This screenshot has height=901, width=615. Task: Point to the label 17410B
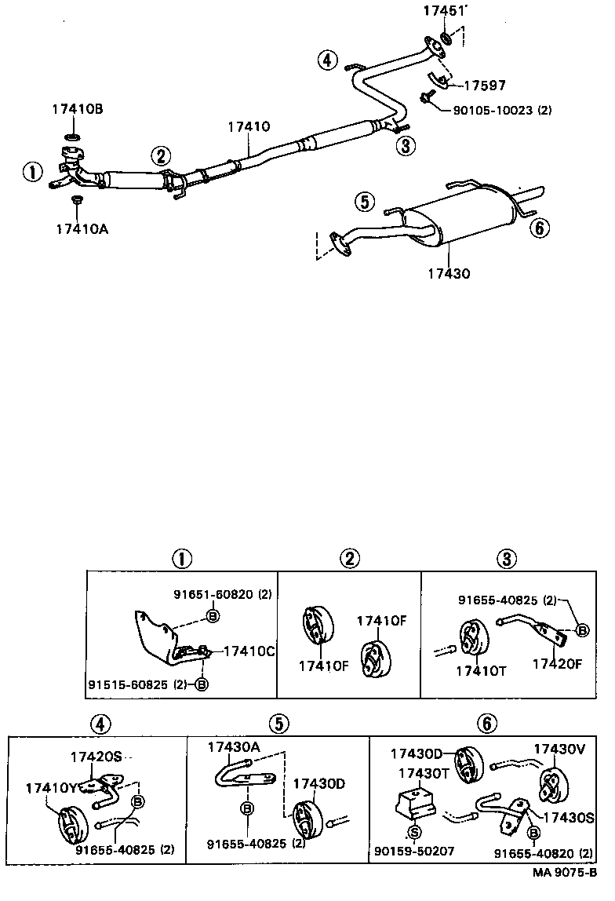click(x=78, y=110)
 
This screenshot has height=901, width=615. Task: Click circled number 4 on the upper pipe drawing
click(x=327, y=60)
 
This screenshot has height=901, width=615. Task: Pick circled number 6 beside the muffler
click(x=540, y=228)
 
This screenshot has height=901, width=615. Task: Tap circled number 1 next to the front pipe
click(x=32, y=172)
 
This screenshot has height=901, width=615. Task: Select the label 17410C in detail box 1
click(x=249, y=651)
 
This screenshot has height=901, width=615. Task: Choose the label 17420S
click(x=96, y=757)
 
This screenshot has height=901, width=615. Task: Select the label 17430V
click(x=560, y=749)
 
